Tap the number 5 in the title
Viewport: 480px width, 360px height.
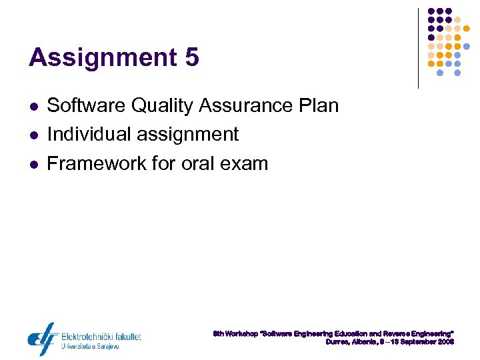192,58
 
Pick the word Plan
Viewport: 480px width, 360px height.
319,105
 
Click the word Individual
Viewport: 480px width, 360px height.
89,135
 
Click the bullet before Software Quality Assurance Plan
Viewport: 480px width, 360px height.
33,107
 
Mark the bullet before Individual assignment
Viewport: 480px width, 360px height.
33,135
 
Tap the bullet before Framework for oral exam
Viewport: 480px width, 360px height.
33,165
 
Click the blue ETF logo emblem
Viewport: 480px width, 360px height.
42,339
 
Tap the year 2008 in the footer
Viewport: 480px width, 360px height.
446,341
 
